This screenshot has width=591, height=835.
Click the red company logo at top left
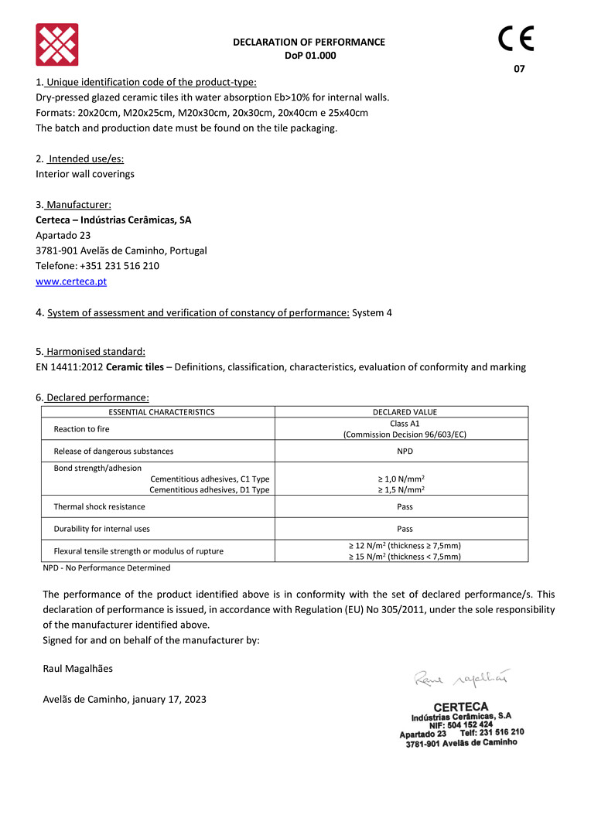pyautogui.click(x=57, y=45)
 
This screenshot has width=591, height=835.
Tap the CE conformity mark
pyautogui.click(x=516, y=39)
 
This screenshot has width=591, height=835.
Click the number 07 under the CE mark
pyautogui.click(x=519, y=69)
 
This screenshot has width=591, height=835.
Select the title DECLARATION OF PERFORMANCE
pyautogui.click(x=309, y=43)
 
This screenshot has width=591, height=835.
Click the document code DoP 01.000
pyautogui.click(x=309, y=56)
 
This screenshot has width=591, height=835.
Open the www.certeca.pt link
pyautogui.click(x=71, y=281)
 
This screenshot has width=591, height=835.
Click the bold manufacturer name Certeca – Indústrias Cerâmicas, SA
pyautogui.click(x=114, y=220)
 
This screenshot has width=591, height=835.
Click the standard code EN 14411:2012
pyautogui.click(x=69, y=367)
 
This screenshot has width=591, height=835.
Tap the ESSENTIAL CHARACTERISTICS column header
pyautogui.click(x=162, y=412)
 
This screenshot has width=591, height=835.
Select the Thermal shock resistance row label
pyautogui.click(x=99, y=506)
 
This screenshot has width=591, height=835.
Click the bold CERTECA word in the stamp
pyautogui.click(x=461, y=707)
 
